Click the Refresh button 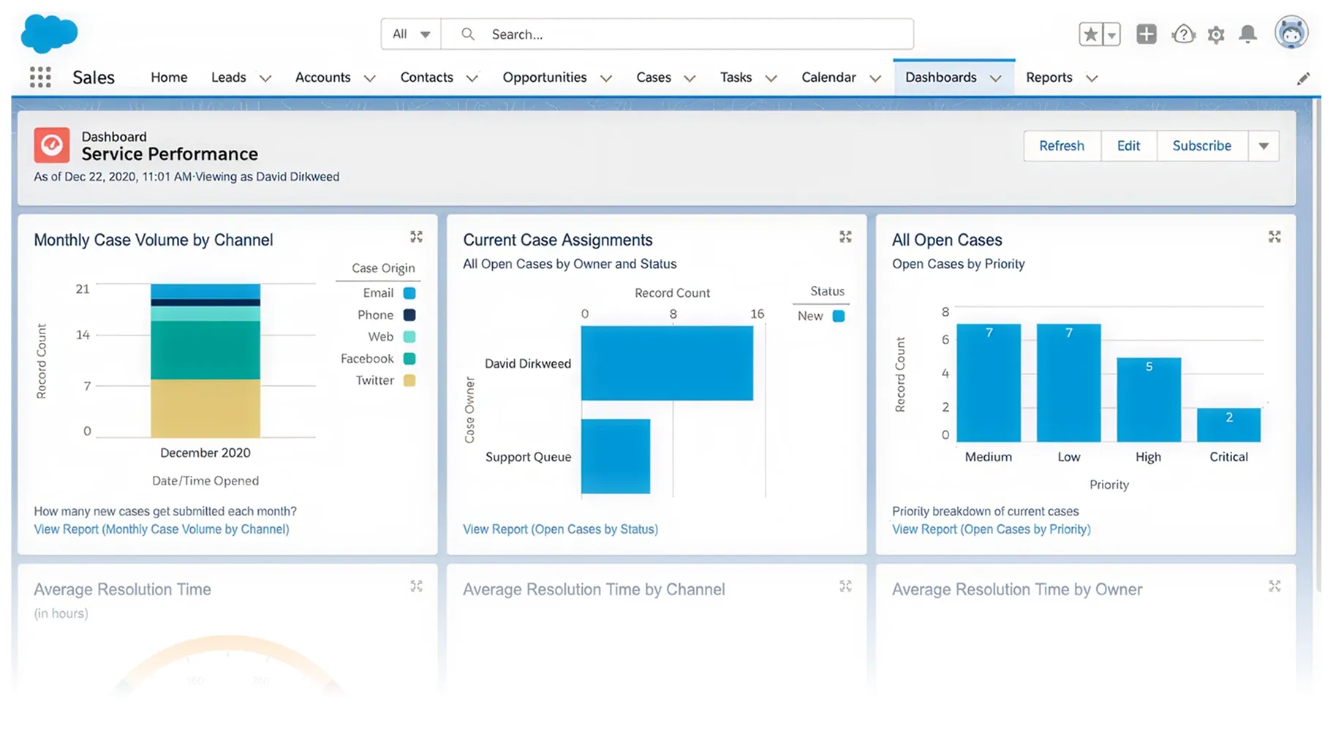(1061, 145)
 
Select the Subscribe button (1201, 145)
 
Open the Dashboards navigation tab (940, 77)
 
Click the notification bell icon (1247, 34)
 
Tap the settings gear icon (1215, 34)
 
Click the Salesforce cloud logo (49, 34)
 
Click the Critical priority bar (1228, 425)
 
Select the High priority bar (1148, 399)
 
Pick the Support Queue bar (615, 456)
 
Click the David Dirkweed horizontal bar (666, 363)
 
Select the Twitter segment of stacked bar (205, 408)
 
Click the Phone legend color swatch (409, 315)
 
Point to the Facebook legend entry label (367, 359)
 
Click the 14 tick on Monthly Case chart (83, 335)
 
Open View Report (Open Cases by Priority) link (991, 529)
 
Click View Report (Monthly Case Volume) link (161, 529)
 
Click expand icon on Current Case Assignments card (845, 237)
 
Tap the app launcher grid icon (40, 77)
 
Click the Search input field (676, 34)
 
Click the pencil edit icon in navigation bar (1303, 78)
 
